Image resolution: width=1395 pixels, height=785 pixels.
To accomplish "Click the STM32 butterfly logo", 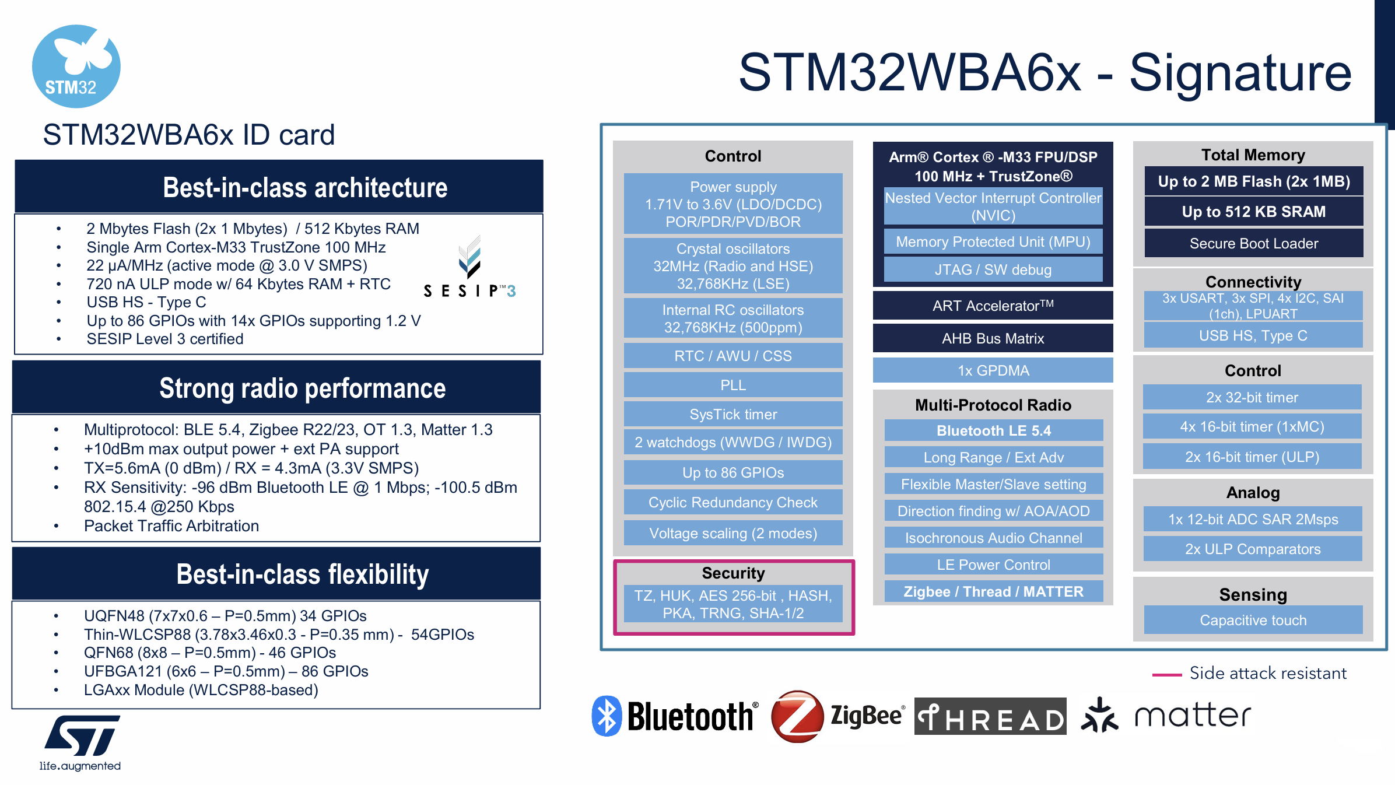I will click(x=76, y=66).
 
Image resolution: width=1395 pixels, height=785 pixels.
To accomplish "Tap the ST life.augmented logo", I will click(x=81, y=742).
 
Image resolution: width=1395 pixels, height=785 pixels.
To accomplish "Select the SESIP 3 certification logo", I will click(x=469, y=268).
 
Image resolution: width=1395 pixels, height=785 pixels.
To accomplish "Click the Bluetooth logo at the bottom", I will click(x=675, y=716).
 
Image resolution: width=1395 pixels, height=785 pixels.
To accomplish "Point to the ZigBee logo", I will click(x=837, y=716).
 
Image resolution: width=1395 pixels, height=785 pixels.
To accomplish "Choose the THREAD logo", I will click(x=990, y=716).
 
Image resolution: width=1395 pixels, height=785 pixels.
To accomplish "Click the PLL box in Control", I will click(x=733, y=385).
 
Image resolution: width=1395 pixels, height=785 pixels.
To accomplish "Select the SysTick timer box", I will click(x=733, y=414).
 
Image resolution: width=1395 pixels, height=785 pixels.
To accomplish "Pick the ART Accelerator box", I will click(x=993, y=306).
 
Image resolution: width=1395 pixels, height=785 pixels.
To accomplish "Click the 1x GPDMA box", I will click(x=993, y=370).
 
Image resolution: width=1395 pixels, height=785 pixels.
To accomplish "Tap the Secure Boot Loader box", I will click(x=1253, y=243).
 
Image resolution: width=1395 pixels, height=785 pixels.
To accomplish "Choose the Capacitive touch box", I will click(x=1253, y=620).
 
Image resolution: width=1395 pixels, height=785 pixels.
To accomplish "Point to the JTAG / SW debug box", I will click(x=993, y=269).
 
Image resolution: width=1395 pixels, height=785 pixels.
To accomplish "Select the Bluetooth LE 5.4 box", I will click(x=993, y=430).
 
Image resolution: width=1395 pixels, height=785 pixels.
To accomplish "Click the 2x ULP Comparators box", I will click(x=1253, y=549).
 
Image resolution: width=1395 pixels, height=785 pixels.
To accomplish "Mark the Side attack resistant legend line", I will click(x=1167, y=674).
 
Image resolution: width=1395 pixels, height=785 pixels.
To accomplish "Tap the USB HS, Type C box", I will click(x=1253, y=335).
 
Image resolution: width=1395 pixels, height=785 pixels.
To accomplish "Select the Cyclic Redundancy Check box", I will click(x=733, y=502).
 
